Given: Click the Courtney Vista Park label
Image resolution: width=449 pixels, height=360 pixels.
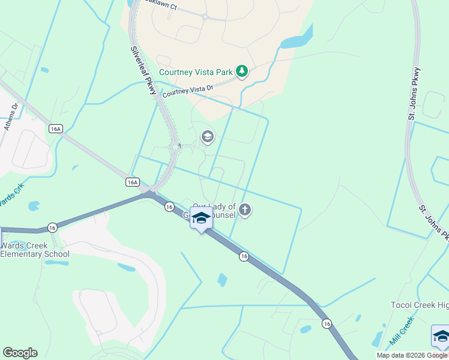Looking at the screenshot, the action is tap(195, 72).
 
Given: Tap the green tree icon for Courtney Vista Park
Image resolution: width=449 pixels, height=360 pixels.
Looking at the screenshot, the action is tap(241, 72).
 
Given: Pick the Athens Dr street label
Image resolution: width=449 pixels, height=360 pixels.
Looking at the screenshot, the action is tap(12, 117).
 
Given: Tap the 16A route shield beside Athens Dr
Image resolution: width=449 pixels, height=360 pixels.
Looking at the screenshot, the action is tap(56, 128).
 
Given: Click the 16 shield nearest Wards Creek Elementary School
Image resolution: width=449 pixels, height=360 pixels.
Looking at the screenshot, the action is tap(53, 227).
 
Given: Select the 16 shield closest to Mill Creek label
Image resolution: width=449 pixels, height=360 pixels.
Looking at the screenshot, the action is tap(326, 323).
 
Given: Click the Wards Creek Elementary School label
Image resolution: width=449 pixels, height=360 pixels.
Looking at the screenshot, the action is tap(35, 250).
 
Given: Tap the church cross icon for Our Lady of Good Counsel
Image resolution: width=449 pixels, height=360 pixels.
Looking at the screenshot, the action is tap(244, 210).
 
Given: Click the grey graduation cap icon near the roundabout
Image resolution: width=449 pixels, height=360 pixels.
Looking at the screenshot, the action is tap(208, 137).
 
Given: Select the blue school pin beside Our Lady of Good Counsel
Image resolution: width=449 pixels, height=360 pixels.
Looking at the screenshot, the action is tap(201, 218).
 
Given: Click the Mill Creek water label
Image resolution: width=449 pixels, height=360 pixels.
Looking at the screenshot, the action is tap(402, 331).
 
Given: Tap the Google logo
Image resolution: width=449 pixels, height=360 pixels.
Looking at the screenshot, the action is tap(20, 353).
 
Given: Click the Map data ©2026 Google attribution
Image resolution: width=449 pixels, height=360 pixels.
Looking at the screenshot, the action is tap(412, 355).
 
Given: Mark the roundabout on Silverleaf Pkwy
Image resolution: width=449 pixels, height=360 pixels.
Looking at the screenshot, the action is tap(176, 146).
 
